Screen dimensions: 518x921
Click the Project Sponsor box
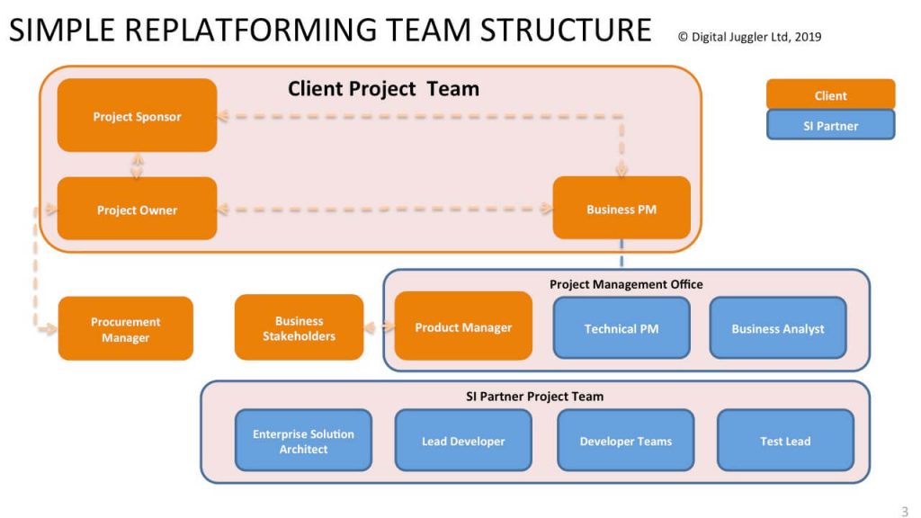click(x=137, y=116)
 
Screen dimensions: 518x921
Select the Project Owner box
click(x=137, y=210)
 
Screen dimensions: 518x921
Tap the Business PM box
click(x=621, y=209)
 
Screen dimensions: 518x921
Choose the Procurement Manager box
click(x=126, y=329)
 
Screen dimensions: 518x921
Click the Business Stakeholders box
click(x=299, y=328)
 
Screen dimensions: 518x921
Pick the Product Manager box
click(x=463, y=327)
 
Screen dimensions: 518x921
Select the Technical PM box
click(x=621, y=328)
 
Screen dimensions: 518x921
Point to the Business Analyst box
click(x=778, y=328)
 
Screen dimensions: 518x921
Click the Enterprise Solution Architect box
click(x=303, y=441)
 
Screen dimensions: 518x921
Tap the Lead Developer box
click(x=463, y=441)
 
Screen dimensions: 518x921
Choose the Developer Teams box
click(x=625, y=441)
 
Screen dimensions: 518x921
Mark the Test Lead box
click(x=785, y=441)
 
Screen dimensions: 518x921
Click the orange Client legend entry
click(x=830, y=95)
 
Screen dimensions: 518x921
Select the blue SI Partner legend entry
click(x=830, y=126)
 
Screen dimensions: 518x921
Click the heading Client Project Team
click(x=383, y=88)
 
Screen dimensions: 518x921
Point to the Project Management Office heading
click(x=626, y=284)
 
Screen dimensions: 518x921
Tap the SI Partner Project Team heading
click(x=534, y=396)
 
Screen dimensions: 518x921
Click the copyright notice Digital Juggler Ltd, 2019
click(x=749, y=37)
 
